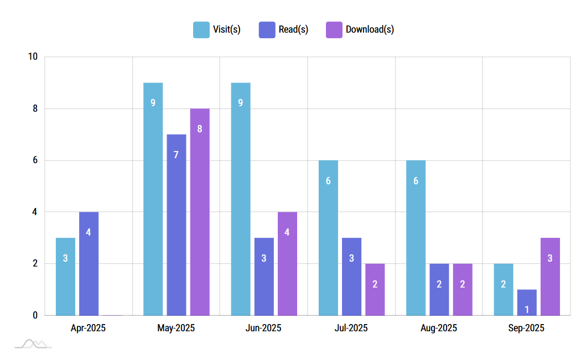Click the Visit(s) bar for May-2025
coord(153,199)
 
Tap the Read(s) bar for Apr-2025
coord(89,263)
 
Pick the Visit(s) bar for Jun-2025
coord(241,199)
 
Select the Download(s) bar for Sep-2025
coord(550,276)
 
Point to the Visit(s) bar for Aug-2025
coord(416,238)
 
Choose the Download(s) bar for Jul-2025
coord(375,289)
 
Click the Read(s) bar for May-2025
coord(177,225)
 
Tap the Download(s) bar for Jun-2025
coord(287,263)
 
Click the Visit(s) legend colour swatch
coord(201,30)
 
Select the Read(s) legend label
coord(293,30)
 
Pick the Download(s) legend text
coord(370,30)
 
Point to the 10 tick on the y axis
coord(33,57)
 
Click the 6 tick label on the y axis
coord(35,160)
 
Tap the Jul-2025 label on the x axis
coord(351,328)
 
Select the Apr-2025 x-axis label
coord(88,328)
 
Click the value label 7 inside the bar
coord(176,155)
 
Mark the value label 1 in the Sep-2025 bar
coord(527,309)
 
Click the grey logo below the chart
coord(33,344)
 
